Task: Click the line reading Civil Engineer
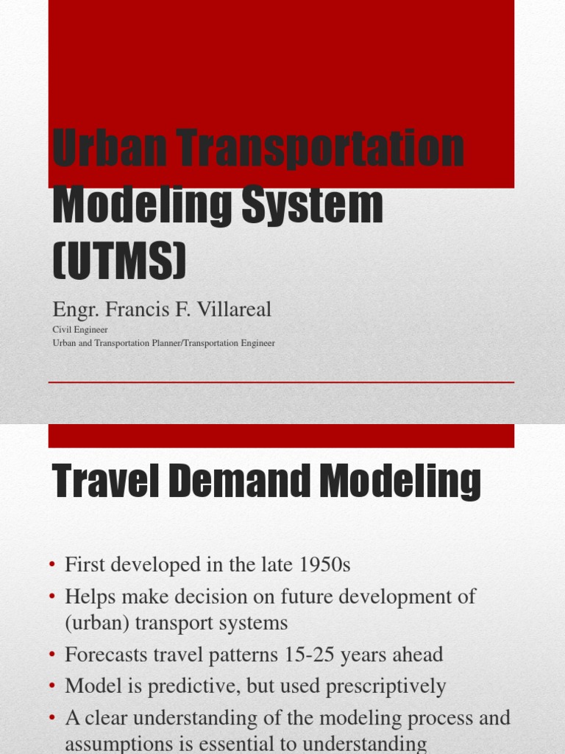(80, 330)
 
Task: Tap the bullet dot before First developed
(52, 565)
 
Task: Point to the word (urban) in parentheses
(96, 623)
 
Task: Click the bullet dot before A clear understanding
(52, 718)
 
